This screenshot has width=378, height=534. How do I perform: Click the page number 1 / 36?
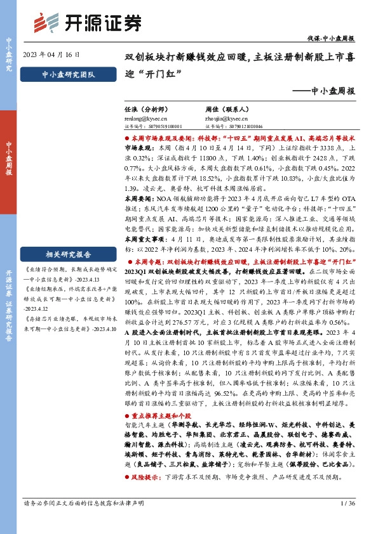coord(347,521)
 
